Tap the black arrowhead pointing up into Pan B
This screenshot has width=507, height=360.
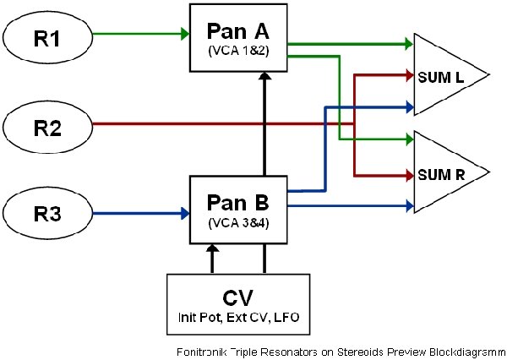(x=212, y=249)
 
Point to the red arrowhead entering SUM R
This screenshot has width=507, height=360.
(x=406, y=176)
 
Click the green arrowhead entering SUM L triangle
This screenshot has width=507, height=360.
(x=406, y=44)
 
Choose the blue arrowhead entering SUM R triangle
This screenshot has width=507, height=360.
(x=406, y=205)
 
